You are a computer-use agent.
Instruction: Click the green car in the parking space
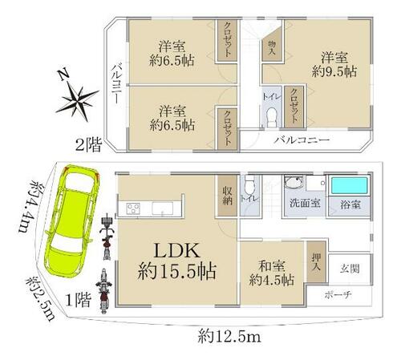tap(70, 221)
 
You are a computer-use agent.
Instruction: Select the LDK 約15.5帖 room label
tap(177, 261)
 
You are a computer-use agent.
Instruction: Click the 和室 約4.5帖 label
tap(272, 273)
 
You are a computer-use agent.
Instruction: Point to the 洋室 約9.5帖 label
tap(334, 65)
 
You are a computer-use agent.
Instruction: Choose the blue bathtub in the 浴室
tap(350, 186)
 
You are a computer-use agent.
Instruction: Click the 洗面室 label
tap(305, 203)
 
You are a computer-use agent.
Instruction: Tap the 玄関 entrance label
tap(350, 269)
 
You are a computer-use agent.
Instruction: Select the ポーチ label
tap(338, 295)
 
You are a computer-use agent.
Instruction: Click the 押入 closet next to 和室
tap(316, 261)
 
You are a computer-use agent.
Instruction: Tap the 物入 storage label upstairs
tap(272, 48)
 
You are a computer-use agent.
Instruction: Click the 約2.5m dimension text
tap(40, 299)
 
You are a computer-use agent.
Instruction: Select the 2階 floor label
tap(89, 146)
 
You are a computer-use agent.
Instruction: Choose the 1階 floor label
tap(79, 300)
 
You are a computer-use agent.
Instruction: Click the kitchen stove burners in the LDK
tap(133, 208)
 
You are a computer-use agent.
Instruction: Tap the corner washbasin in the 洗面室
tap(294, 183)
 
